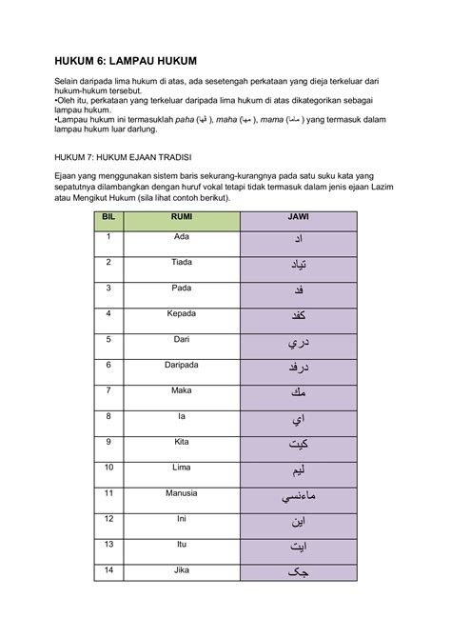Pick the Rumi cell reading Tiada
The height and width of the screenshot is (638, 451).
click(x=181, y=262)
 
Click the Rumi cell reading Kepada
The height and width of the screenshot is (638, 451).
click(x=181, y=313)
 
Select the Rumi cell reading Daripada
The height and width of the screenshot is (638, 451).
click(x=181, y=365)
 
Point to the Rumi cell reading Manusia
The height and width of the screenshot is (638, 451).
click(x=181, y=493)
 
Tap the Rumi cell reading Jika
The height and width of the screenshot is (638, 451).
click(x=181, y=570)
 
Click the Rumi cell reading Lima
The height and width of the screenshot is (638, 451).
click(x=181, y=468)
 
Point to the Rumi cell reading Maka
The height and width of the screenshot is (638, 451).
click(x=181, y=390)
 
